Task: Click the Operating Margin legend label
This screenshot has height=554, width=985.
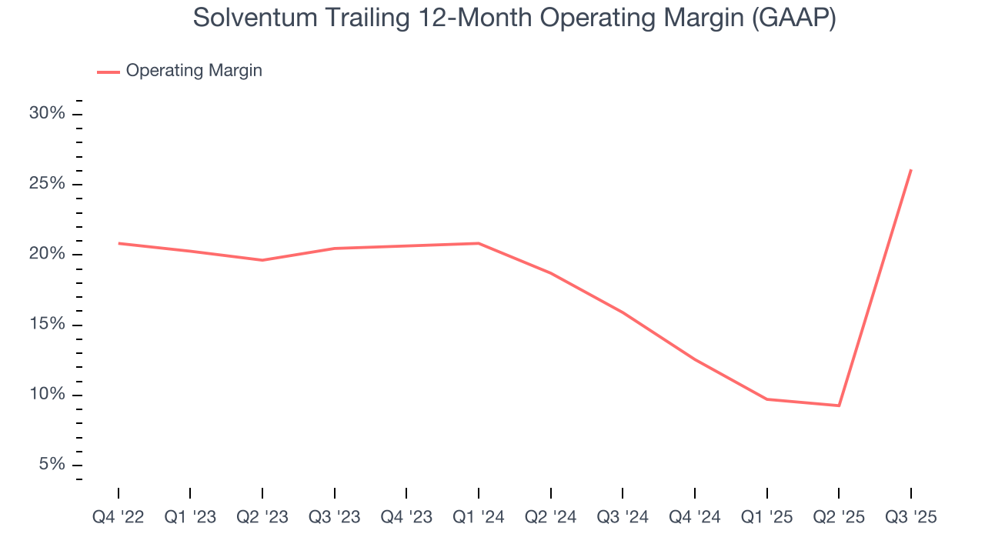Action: coord(194,71)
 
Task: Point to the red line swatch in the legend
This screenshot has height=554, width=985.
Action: coord(109,72)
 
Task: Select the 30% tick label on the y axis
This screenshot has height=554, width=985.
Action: coord(47,114)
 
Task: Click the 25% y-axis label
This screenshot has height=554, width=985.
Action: coord(47,185)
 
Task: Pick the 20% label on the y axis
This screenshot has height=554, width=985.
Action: coord(47,255)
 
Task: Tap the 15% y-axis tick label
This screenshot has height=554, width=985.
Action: coord(47,325)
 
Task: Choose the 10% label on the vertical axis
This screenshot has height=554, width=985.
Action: coord(47,395)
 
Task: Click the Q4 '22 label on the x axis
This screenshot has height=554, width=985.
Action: coord(119,518)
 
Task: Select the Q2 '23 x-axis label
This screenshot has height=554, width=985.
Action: coord(262,518)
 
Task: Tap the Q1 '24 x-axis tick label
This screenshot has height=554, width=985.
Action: coord(479,518)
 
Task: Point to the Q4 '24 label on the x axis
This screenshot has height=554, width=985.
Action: coord(695,518)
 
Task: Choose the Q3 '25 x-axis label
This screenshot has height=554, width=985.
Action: coord(911,518)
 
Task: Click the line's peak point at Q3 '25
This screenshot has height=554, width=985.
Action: coord(911,170)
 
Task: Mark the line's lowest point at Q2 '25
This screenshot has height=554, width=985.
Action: coord(839,405)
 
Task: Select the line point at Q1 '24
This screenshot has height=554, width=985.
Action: coord(479,243)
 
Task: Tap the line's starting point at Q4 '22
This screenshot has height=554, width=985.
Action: coord(119,243)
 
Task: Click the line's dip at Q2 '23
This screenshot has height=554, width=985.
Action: coord(262,260)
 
